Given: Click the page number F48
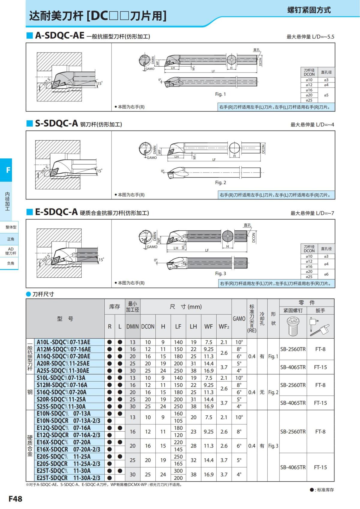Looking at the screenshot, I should [15, 499].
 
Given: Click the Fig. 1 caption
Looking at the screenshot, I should [220, 94].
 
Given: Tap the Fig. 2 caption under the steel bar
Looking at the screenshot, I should [220, 182].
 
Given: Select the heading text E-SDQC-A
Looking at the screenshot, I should [56, 212].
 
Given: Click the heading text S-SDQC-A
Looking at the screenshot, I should [56, 123].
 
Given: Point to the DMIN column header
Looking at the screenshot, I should [132, 326].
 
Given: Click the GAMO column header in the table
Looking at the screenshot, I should [239, 319].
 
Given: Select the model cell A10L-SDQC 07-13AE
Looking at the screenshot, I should [63, 342].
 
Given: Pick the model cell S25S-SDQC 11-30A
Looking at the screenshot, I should [61, 406].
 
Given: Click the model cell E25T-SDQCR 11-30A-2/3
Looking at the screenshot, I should [68, 478].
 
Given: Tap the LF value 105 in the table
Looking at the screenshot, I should [178, 421].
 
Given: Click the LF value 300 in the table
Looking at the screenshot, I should [178, 471].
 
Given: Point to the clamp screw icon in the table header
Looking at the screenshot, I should [293, 326].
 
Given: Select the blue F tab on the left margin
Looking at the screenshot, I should [8, 170].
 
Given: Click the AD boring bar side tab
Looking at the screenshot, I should [11, 251].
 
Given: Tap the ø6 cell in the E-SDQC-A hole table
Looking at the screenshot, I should [326, 274].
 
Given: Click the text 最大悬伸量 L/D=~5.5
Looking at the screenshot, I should [310, 37].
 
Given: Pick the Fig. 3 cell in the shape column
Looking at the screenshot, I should [273, 446].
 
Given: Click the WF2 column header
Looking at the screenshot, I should [224, 326].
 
